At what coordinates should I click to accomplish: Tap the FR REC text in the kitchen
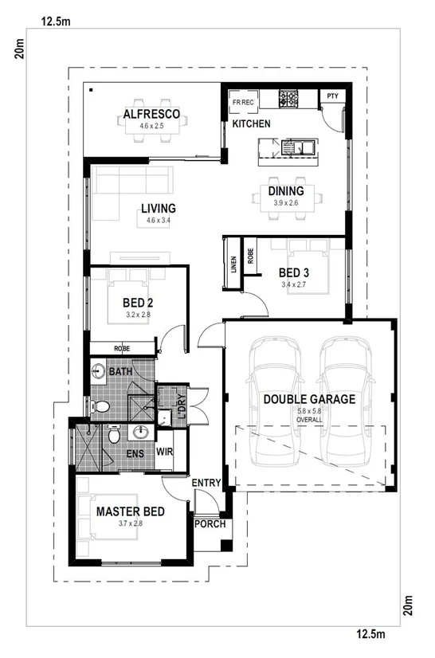pos(242,103)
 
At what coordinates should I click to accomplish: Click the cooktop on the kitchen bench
pos(288,100)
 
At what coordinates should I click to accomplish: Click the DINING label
pos(285,191)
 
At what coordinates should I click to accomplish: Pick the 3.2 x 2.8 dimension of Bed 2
pos(138,315)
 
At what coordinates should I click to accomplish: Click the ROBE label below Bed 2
pos(123,348)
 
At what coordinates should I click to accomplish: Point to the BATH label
pos(121,372)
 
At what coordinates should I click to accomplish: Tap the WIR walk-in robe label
pos(165,452)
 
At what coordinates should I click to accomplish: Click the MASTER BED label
pos(131,511)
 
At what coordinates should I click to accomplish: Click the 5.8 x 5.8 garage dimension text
pos(309,411)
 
